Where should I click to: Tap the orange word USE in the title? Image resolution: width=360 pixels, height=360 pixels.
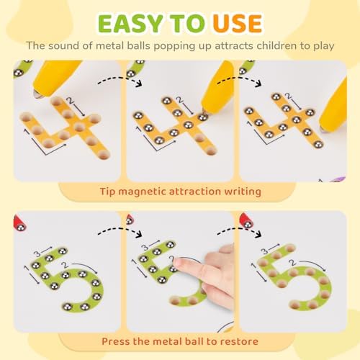237,24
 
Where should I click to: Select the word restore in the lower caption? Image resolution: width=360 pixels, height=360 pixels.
238,341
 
